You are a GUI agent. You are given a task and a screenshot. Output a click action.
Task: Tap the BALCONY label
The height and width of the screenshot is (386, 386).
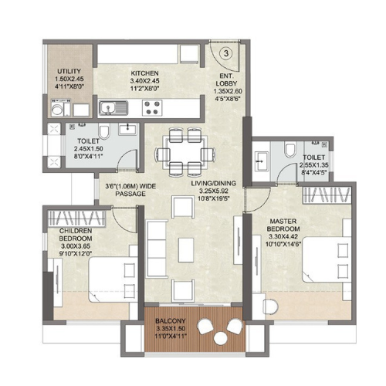168,320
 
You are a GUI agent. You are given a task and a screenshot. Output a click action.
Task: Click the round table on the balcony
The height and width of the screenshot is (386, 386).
213,328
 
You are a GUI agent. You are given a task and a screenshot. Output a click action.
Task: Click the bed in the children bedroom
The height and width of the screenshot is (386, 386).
108,276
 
